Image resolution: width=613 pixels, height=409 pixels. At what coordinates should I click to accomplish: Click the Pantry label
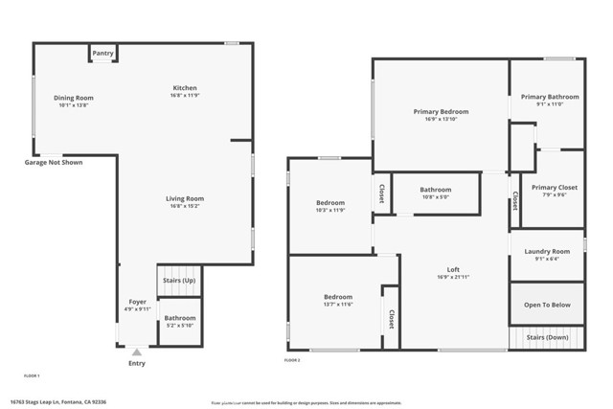pos(102,55)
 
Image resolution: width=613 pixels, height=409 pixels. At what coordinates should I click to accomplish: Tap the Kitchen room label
pos(184,87)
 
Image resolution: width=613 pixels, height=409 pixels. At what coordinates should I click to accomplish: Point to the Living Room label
pos(186,198)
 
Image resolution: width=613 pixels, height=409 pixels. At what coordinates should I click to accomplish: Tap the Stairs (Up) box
pos(178,281)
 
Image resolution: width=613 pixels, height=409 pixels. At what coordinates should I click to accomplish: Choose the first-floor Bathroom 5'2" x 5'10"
pos(179,322)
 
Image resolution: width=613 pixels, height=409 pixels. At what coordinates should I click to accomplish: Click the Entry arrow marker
pos(137,352)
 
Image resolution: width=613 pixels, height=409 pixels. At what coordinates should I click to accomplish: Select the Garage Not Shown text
pos(54,163)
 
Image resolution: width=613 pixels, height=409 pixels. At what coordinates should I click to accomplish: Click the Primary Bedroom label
pos(440,112)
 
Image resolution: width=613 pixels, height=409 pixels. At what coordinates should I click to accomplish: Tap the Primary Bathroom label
pos(549,97)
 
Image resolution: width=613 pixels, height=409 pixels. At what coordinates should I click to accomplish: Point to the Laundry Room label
pos(547,251)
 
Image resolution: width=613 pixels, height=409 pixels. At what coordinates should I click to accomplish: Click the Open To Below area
pos(547,305)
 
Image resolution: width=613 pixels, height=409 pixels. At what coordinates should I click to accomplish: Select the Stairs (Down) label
pos(547,338)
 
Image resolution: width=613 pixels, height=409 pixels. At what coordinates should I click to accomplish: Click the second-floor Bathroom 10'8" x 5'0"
pos(436,190)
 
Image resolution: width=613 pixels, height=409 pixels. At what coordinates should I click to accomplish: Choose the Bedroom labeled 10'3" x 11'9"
pos(329,203)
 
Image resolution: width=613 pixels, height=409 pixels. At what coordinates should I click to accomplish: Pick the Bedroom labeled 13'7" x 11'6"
pos(337,297)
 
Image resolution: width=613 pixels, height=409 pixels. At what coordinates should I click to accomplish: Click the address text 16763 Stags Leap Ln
pos(54,400)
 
